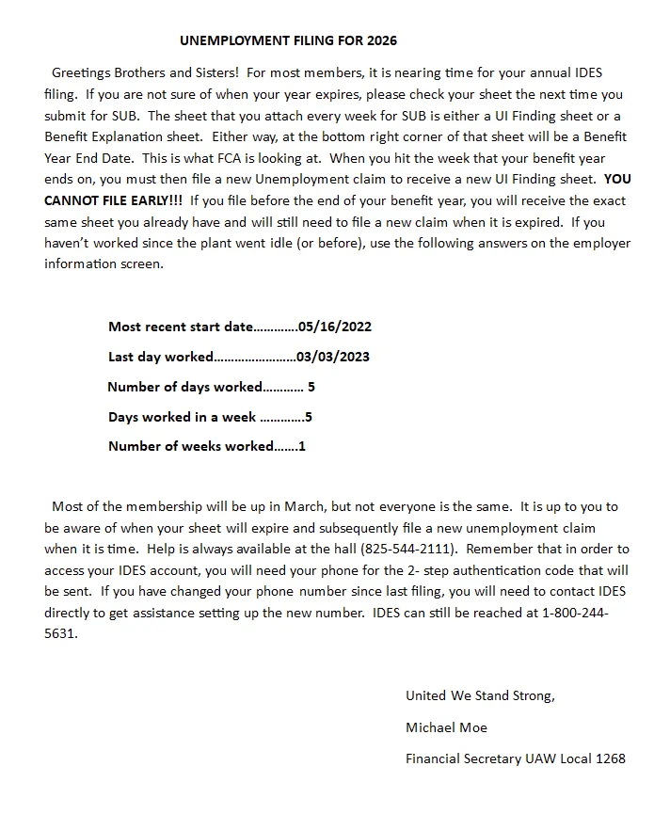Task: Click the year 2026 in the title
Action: (x=381, y=40)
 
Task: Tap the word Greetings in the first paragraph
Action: (x=81, y=73)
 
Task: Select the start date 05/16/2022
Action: (x=335, y=327)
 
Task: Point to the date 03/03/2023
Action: (x=332, y=357)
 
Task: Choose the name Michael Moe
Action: (x=446, y=727)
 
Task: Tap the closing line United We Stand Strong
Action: (x=480, y=696)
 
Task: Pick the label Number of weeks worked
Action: (x=190, y=446)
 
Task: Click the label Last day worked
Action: (x=161, y=357)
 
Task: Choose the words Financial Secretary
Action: (x=463, y=758)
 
